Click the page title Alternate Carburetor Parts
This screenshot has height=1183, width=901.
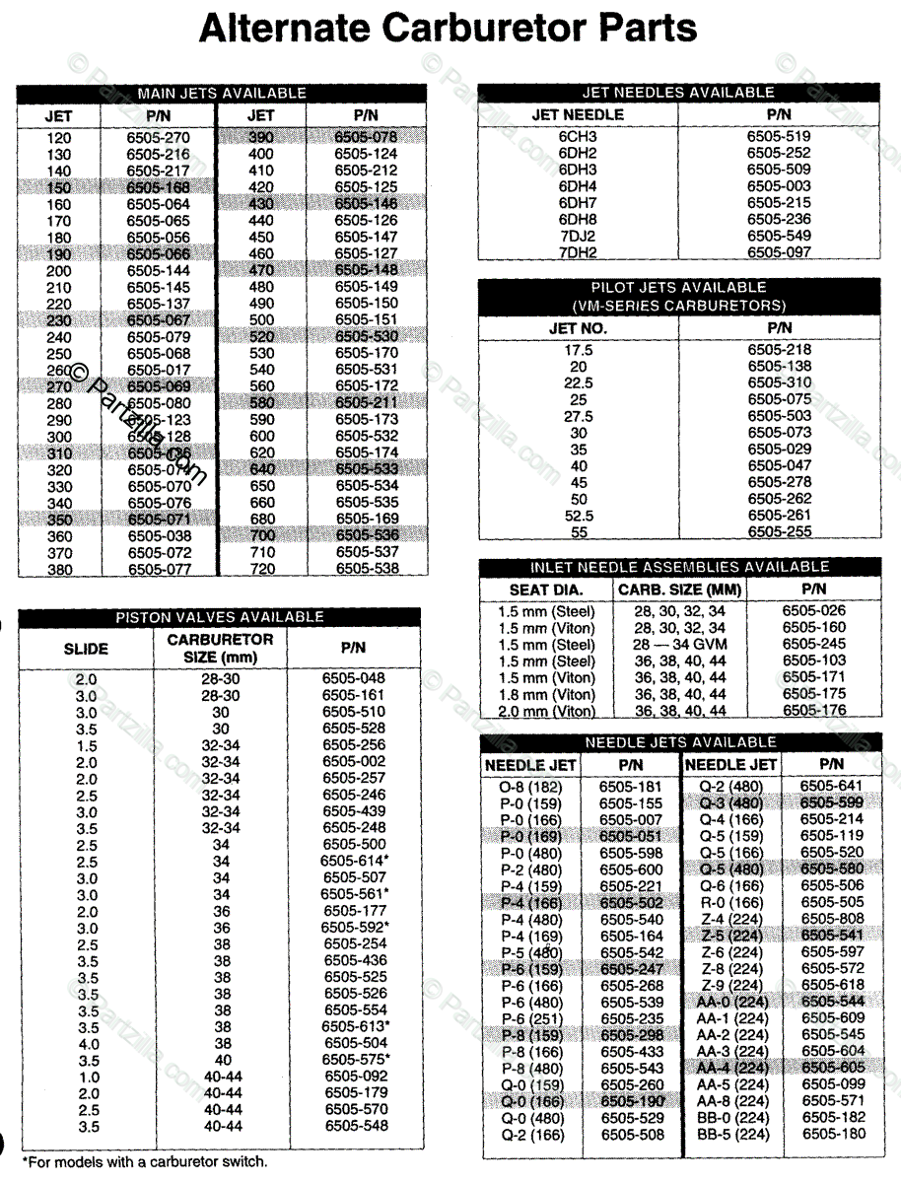pyautogui.click(x=449, y=29)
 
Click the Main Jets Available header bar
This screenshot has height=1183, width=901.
pyautogui.click(x=222, y=93)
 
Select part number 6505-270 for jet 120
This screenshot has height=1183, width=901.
pyautogui.click(x=158, y=138)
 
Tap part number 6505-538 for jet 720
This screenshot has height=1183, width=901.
pyautogui.click(x=367, y=569)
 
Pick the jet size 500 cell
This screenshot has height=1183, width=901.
pyautogui.click(x=261, y=319)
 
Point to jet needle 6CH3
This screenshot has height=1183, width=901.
pyautogui.click(x=578, y=136)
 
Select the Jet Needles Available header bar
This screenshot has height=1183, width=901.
pyautogui.click(x=679, y=92)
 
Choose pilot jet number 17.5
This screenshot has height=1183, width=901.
pyautogui.click(x=578, y=349)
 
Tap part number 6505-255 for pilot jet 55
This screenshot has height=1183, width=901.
pyautogui.click(x=779, y=531)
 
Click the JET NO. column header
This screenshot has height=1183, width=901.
pyautogui.click(x=578, y=328)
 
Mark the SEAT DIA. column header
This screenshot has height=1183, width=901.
pyautogui.click(x=545, y=590)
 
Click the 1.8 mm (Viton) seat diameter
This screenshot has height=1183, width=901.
pyautogui.click(x=546, y=694)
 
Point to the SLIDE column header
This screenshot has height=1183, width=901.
pyautogui.click(x=86, y=649)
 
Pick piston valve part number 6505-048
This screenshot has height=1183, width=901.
pyautogui.click(x=354, y=678)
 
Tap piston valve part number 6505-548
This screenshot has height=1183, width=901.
pyautogui.click(x=355, y=1126)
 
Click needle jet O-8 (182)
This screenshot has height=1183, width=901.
pyautogui.click(x=531, y=786)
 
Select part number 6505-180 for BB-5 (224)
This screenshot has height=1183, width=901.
pyautogui.click(x=833, y=1134)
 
